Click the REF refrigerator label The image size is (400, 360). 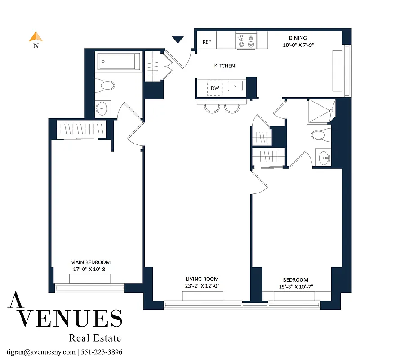pyautogui.click(x=207, y=42)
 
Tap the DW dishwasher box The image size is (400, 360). pyautogui.click(x=215, y=88)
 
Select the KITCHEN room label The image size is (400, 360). pyautogui.click(x=224, y=66)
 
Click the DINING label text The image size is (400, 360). pyautogui.click(x=298, y=38)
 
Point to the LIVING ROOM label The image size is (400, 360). pyautogui.click(x=202, y=279)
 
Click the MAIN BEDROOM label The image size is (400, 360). pyautogui.click(x=90, y=262)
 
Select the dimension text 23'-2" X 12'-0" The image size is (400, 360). pyautogui.click(x=202, y=286)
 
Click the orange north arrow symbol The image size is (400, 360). pyautogui.click(x=36, y=37)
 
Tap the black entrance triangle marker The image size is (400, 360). pyautogui.click(x=178, y=40)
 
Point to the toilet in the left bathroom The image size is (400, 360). pyautogui.click(x=106, y=85)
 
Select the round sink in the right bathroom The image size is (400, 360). pyautogui.click(x=324, y=157)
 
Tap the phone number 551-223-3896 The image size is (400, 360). pyautogui.click(x=101, y=352)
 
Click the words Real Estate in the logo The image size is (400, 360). pyautogui.click(x=95, y=337)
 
